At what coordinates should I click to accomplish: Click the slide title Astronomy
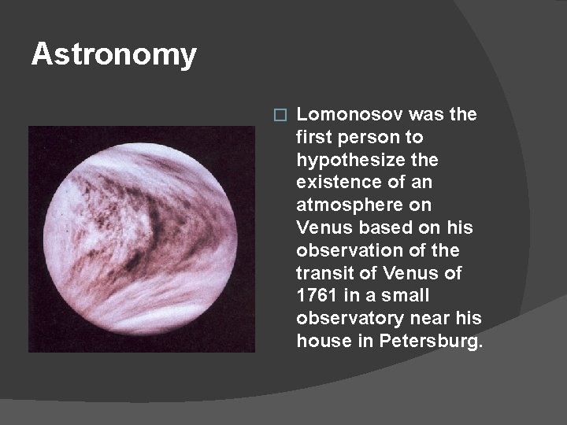tap(113, 55)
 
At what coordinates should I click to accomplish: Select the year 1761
tap(316, 296)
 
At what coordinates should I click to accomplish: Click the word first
tap(313, 138)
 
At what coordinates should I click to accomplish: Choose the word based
tap(377, 228)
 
